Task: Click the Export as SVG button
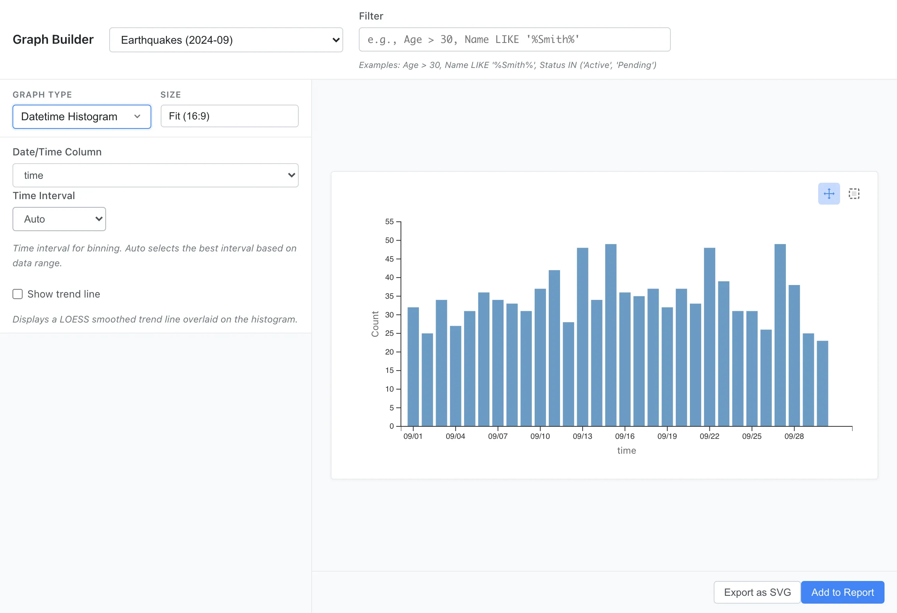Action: click(757, 592)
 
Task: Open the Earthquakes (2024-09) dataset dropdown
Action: click(226, 40)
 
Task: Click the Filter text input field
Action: click(514, 39)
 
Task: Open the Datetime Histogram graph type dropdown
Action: click(82, 116)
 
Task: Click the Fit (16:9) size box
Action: click(229, 116)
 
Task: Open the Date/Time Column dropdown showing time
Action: click(155, 175)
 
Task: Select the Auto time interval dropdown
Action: click(59, 219)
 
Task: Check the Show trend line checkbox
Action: click(18, 294)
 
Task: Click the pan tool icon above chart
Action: click(829, 194)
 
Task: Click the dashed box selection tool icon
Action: click(854, 194)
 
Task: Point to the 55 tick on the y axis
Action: click(389, 222)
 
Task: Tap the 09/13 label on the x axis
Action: click(582, 436)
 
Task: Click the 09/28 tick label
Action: click(794, 436)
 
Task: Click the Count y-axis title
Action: click(375, 324)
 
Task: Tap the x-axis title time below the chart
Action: click(626, 451)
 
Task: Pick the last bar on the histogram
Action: click(822, 383)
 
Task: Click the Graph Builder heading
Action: click(53, 39)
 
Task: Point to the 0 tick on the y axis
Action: click(392, 426)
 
